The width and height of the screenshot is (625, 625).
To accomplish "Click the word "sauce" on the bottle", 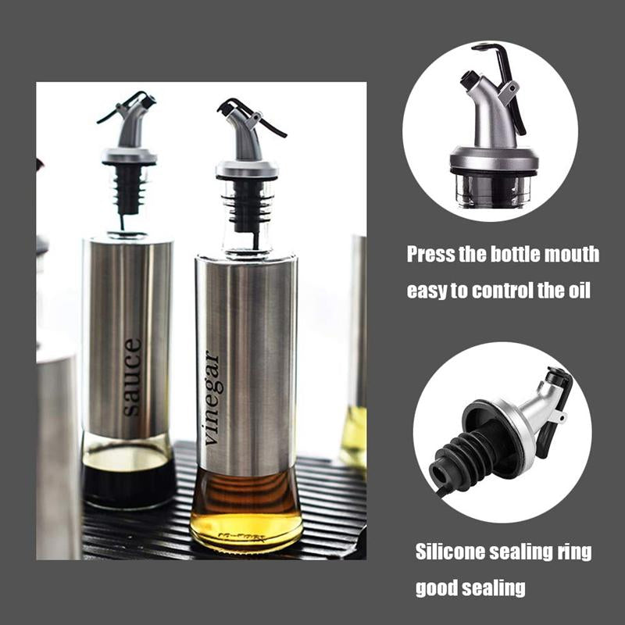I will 132,376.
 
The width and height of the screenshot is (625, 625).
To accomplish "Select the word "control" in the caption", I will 497,291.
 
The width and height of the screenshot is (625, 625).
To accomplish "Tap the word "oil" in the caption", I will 579,291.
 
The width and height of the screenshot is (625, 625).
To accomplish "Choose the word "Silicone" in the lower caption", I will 452,552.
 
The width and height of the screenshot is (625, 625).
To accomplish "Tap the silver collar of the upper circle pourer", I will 494,157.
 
